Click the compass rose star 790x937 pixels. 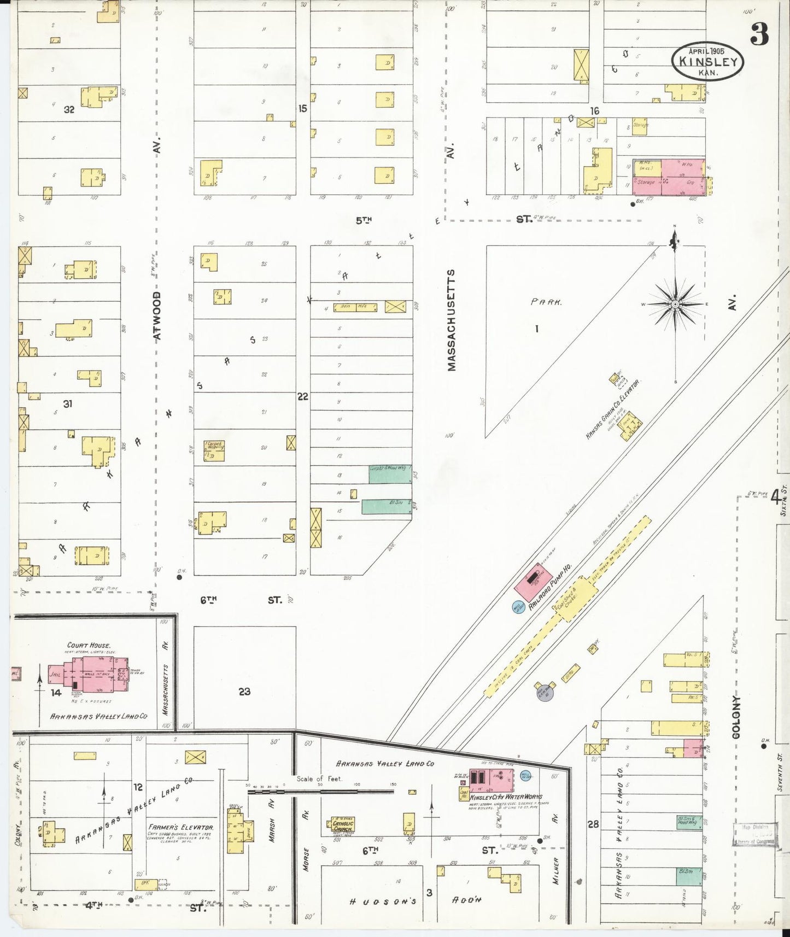[x=675, y=304]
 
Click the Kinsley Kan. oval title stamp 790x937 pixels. [x=708, y=62]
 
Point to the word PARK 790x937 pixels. [x=546, y=302]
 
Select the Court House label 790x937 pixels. [x=89, y=645]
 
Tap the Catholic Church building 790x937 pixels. [x=343, y=825]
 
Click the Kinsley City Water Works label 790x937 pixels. [x=502, y=798]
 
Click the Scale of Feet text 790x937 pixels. [x=319, y=778]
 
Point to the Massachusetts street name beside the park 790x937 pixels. [x=452, y=320]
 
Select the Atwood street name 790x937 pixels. [x=157, y=316]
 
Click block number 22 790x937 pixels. [x=303, y=396]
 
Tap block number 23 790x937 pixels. [x=244, y=691]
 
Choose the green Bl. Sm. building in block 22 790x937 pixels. [x=386, y=507]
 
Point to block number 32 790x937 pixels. [x=69, y=109]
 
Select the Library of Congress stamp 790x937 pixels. [x=754, y=834]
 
